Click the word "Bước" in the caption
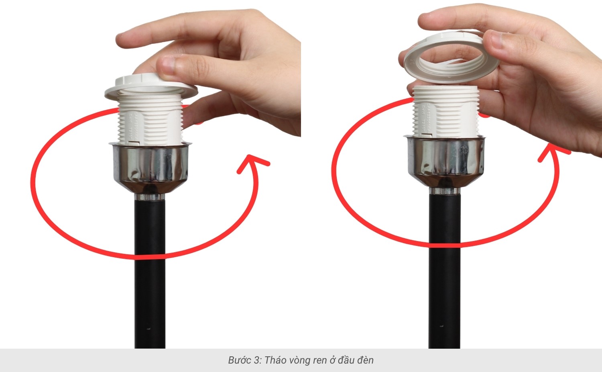(240, 360)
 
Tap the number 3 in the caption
(256, 360)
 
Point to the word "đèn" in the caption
(365, 360)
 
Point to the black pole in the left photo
(150, 281)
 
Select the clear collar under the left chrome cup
(150, 197)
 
